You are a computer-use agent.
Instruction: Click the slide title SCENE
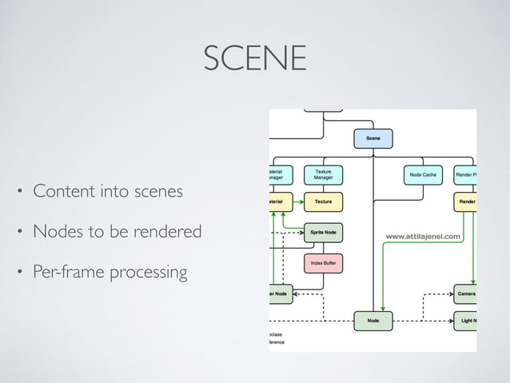click(254, 58)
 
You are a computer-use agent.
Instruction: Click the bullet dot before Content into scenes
click(21, 193)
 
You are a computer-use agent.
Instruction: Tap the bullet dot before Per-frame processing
click(21, 273)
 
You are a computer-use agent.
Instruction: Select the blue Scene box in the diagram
click(373, 139)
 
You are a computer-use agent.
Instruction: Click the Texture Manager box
click(324, 174)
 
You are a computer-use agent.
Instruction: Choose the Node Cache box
click(422, 174)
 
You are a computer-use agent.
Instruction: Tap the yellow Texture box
click(324, 202)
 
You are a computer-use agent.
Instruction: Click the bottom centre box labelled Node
click(373, 321)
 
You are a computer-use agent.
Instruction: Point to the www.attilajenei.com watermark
click(423, 236)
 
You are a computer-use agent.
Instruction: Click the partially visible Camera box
click(465, 293)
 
